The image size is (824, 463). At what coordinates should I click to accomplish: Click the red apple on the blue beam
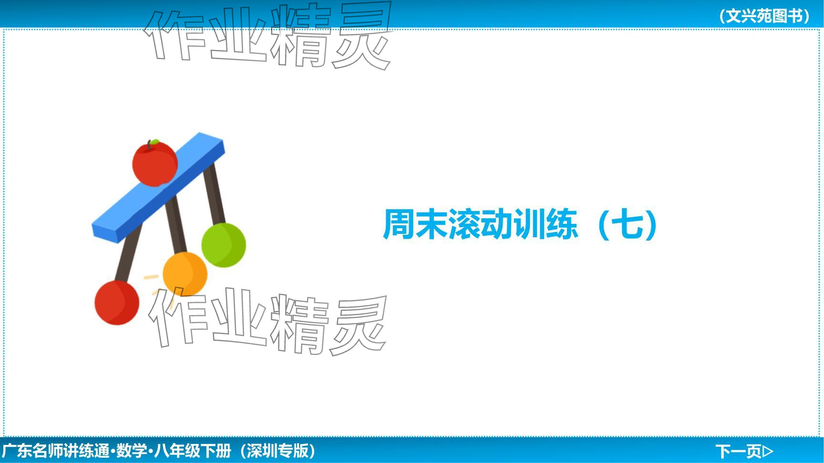(155, 163)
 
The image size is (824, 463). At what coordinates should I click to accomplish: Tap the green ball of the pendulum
(224, 245)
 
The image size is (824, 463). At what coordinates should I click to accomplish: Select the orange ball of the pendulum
(185, 274)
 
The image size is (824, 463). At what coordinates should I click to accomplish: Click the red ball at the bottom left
(117, 302)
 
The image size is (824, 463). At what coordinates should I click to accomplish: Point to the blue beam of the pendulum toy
(158, 188)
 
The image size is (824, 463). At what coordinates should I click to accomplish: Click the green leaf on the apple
(154, 141)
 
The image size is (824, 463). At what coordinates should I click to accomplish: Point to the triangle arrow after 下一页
(768, 451)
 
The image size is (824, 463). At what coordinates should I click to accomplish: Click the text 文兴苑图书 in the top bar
(764, 16)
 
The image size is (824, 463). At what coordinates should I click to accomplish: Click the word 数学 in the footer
(132, 451)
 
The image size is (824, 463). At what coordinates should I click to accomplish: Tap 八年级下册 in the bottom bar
(193, 451)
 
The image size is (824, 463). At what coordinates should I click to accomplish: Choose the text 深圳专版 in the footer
(278, 451)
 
